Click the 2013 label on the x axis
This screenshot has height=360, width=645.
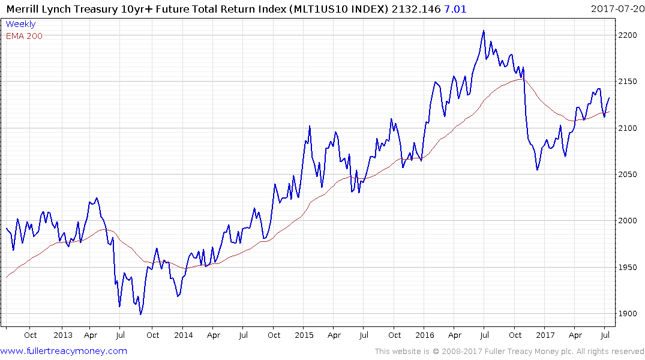(x=62, y=335)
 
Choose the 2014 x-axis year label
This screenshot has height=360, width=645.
(x=183, y=335)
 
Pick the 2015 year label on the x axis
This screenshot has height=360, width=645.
(x=304, y=335)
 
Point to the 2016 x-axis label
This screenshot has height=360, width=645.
(x=425, y=335)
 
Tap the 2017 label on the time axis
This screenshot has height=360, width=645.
(x=545, y=335)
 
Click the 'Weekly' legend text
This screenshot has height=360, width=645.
(x=20, y=24)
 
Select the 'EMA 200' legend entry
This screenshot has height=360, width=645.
(x=24, y=35)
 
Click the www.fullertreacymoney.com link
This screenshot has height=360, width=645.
(x=64, y=351)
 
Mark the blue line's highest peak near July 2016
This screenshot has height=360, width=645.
(x=484, y=31)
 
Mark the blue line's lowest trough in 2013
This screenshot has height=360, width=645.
(x=140, y=314)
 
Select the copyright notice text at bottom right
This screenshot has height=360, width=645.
(x=509, y=351)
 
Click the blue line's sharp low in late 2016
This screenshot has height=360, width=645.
(x=537, y=170)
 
